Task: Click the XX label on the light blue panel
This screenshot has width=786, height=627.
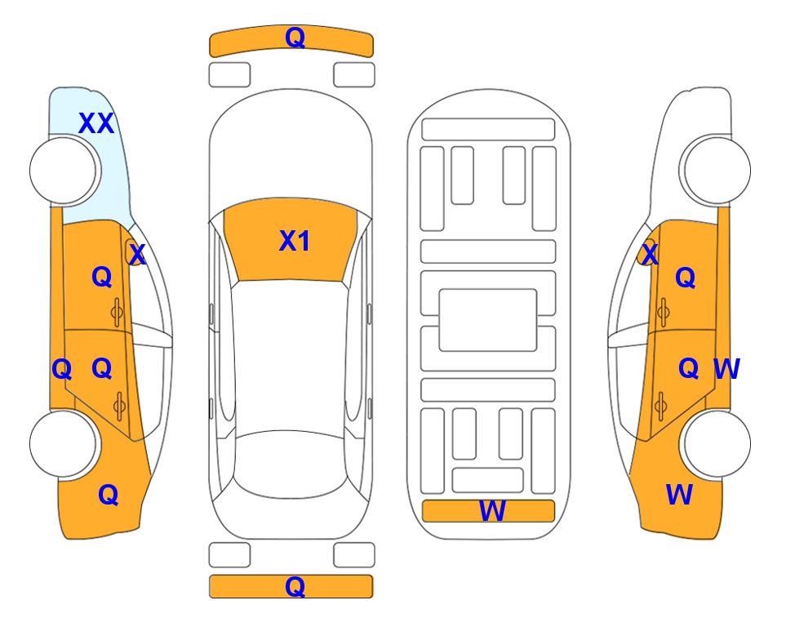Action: coord(96,123)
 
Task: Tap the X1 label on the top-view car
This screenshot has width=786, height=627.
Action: coord(295,241)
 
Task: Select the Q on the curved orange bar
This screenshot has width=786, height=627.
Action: coord(295,38)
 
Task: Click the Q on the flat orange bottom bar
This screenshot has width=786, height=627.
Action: coord(295,586)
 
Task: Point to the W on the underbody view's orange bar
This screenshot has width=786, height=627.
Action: coord(492,511)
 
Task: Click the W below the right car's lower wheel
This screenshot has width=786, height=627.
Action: coord(679,495)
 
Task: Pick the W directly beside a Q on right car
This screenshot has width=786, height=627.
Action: coord(726,369)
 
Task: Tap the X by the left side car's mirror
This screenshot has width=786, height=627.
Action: coord(137,255)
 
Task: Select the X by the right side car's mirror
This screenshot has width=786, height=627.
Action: coord(650,255)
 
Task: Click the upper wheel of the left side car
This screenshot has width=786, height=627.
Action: coord(63,171)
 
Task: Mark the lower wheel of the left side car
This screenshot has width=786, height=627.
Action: coord(63,443)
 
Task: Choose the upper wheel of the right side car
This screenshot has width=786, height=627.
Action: coord(717,171)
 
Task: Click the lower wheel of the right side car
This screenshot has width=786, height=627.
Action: coord(717,443)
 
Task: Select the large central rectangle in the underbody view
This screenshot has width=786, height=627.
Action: coord(488,320)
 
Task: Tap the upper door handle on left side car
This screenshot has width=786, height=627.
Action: coord(117,313)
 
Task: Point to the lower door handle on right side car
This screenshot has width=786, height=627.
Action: coord(661,407)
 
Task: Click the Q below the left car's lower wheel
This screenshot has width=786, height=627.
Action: coord(109,496)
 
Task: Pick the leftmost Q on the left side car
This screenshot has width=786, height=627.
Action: coord(62,370)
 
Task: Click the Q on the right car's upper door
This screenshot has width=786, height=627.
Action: coord(686,278)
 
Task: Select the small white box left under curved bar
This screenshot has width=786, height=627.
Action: coord(229,75)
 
